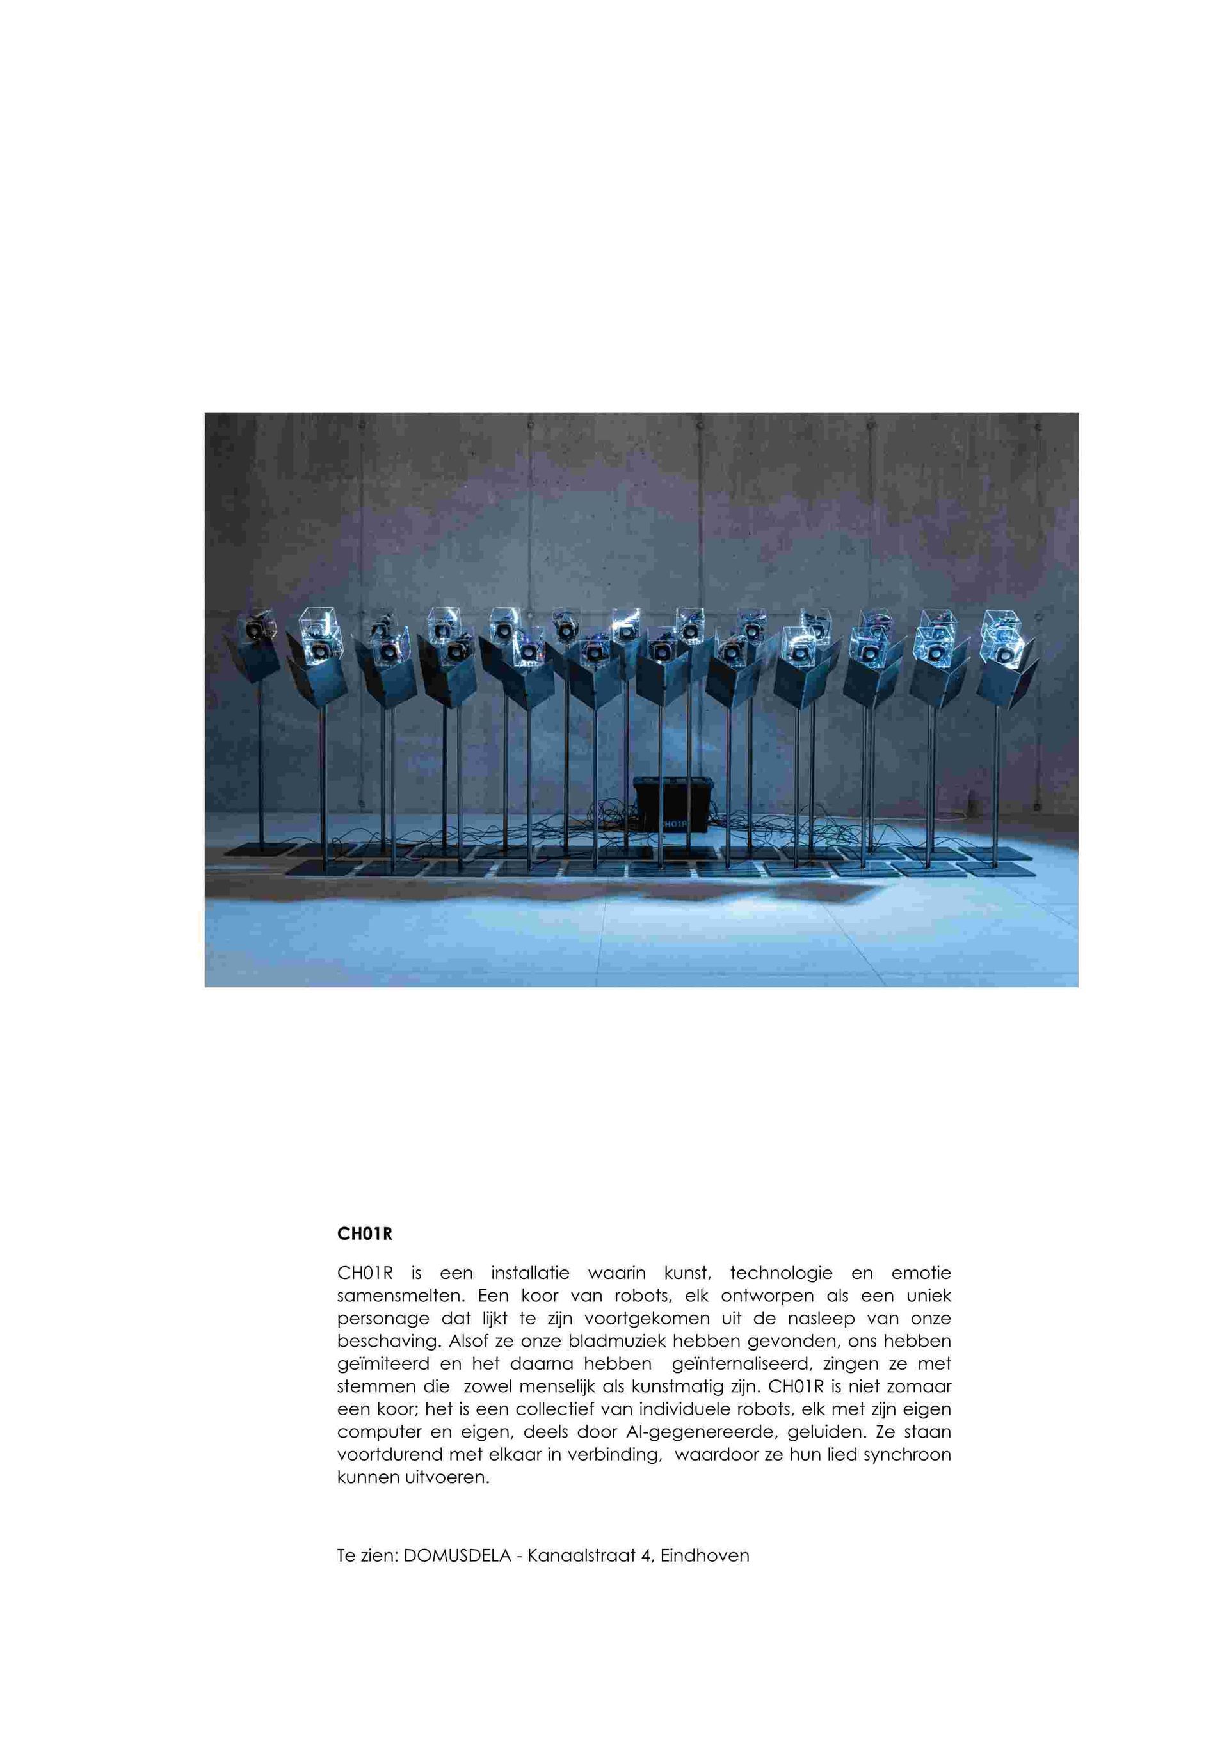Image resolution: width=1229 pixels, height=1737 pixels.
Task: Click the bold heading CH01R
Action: [365, 1235]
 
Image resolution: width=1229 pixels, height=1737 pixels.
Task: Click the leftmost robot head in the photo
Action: [256, 627]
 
